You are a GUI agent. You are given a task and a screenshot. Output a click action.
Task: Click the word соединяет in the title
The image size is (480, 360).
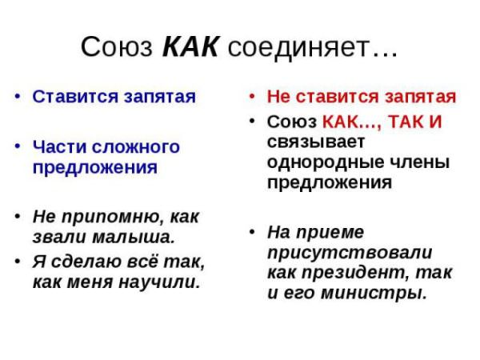(298, 47)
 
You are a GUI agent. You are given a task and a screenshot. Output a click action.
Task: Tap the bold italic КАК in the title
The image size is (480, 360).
(190, 47)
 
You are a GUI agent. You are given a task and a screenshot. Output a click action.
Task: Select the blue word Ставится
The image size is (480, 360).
(76, 97)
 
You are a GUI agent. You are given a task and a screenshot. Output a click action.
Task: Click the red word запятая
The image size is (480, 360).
(420, 97)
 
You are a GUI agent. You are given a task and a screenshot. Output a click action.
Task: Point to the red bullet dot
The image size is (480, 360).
(252, 97)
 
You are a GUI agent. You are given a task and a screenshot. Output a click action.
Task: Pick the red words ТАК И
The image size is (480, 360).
(414, 122)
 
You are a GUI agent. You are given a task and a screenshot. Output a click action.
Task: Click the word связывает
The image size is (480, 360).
(316, 142)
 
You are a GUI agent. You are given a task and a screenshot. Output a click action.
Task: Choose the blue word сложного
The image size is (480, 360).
(136, 147)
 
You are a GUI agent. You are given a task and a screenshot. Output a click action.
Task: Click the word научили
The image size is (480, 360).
(159, 282)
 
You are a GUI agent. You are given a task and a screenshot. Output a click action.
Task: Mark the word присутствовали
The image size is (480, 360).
(350, 253)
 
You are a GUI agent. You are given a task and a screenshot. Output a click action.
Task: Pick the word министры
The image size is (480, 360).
(374, 293)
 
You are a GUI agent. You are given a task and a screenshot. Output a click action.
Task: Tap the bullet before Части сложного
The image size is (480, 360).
(18, 146)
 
